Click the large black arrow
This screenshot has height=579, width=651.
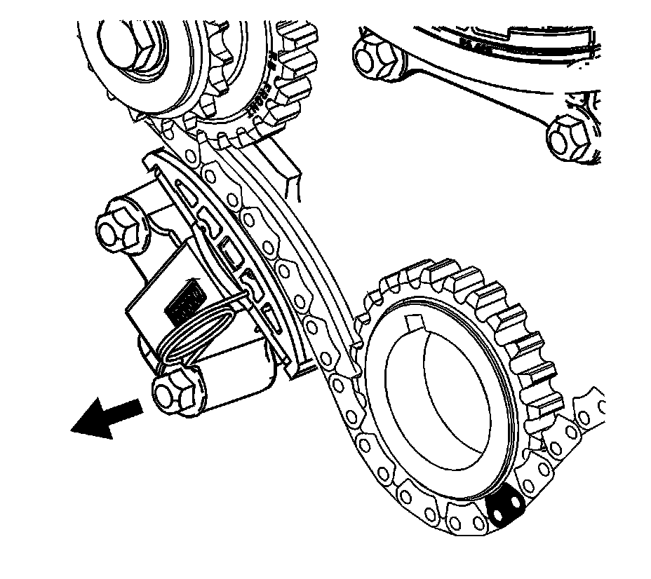[x=105, y=416]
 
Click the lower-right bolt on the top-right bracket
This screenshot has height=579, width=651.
[x=568, y=137]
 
